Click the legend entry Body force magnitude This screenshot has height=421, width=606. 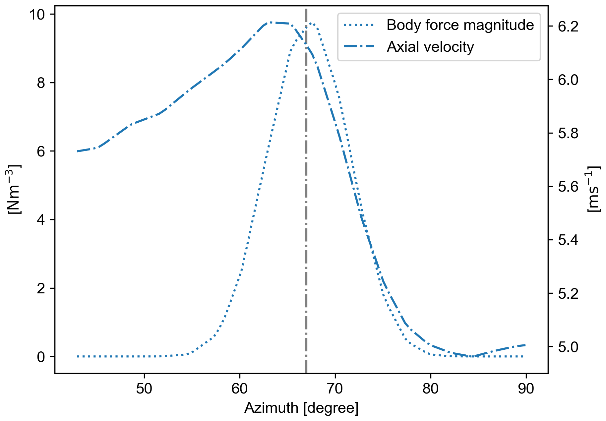(460, 25)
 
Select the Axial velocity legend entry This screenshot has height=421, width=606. (430, 47)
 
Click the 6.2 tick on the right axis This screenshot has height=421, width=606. (568, 27)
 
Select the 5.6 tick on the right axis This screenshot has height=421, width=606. (568, 187)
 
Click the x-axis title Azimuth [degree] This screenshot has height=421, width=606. (301, 408)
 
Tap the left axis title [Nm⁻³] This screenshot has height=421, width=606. (14, 189)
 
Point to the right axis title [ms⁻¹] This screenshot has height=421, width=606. (594, 189)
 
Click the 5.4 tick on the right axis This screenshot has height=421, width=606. (568, 240)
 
